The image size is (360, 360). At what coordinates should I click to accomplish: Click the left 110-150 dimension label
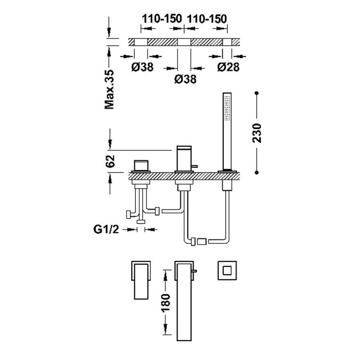pyautogui.click(x=162, y=19)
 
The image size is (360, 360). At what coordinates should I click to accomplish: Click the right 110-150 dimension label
pyautogui.click(x=207, y=19)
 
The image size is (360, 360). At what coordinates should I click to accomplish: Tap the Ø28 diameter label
pyautogui.click(x=228, y=67)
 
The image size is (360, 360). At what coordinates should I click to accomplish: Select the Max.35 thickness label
pyautogui.click(x=109, y=90)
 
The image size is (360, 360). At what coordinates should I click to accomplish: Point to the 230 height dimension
pyautogui.click(x=257, y=133)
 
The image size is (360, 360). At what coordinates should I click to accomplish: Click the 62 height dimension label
pyautogui.click(x=110, y=161)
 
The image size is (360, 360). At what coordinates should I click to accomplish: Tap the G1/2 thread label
pyautogui.click(x=106, y=229)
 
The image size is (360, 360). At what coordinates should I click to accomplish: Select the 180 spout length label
pyautogui.click(x=166, y=303)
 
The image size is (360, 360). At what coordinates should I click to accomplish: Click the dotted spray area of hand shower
pyautogui.click(x=228, y=108)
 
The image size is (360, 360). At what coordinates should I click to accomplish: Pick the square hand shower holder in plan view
pyautogui.click(x=227, y=270)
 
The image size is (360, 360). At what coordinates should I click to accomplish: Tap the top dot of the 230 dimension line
pyautogui.click(x=257, y=93)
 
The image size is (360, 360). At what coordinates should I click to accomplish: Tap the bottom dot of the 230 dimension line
pyautogui.click(x=257, y=172)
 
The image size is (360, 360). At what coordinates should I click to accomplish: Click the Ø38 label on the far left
pyautogui.click(x=143, y=67)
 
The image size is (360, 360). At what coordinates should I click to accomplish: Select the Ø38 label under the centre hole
pyautogui.click(x=185, y=79)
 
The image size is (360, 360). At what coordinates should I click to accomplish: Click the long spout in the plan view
pyautogui.click(x=184, y=301)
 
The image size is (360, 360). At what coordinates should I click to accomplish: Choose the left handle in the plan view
pyautogui.click(x=141, y=281)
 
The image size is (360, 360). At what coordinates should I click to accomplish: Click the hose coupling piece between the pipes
pyautogui.click(x=202, y=241)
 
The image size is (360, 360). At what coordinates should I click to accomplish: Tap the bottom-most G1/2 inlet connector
pyautogui.click(x=141, y=222)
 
